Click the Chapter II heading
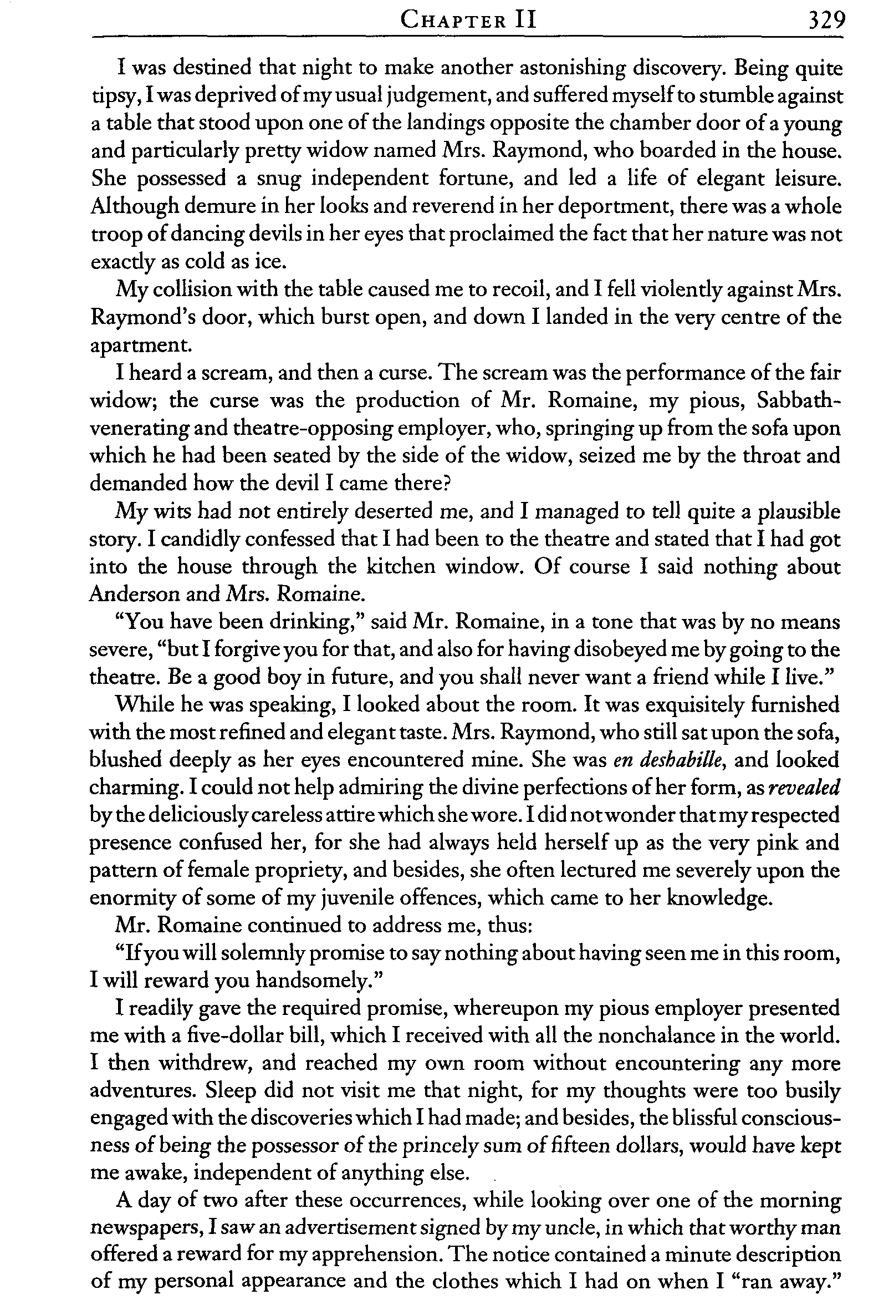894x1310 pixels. (x=468, y=22)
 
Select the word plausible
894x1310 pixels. (x=799, y=512)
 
